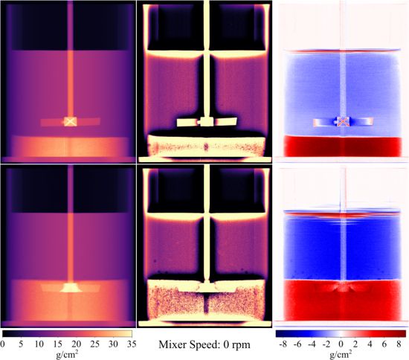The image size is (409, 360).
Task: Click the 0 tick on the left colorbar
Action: tap(2, 344)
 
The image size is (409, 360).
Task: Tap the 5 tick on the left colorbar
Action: tap(21, 344)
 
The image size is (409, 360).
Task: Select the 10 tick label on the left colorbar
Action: tap(39, 344)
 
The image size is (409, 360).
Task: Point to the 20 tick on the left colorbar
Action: tap(76, 344)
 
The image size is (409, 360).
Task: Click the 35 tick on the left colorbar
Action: tap(132, 344)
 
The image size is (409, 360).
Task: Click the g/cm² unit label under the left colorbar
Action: tap(67, 354)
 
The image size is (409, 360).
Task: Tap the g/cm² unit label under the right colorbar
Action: tap(341, 354)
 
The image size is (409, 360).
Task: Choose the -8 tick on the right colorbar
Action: tap(283, 344)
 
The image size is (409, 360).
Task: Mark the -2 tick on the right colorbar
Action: tap(326, 344)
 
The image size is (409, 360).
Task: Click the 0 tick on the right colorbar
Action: tap(341, 344)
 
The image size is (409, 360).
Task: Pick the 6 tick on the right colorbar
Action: tap(384, 344)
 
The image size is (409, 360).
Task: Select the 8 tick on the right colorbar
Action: tap(399, 344)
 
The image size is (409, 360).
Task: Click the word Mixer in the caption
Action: tap(171, 344)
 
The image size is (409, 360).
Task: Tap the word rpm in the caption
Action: tap(242, 345)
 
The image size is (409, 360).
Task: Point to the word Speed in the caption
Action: tap(202, 345)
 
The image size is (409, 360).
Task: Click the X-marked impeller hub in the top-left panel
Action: tap(70, 121)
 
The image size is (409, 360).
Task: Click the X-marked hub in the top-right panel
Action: tap(344, 121)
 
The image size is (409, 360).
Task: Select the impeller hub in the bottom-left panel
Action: tap(71, 287)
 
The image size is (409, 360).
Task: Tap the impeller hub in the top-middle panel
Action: tap(207, 121)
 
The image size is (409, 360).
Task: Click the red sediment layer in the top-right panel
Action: tap(343, 146)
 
